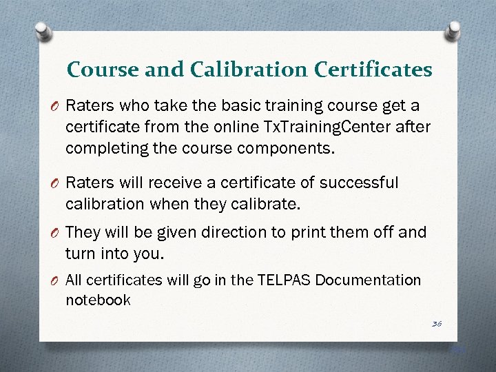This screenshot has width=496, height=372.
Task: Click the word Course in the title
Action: (x=98, y=70)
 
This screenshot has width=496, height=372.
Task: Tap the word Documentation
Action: (x=369, y=280)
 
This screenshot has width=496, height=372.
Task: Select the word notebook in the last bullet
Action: (x=98, y=300)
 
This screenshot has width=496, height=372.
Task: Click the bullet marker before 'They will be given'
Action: (x=56, y=232)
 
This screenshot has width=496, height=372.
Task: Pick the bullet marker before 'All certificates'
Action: (x=56, y=280)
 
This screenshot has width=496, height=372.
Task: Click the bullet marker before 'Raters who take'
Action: (x=56, y=107)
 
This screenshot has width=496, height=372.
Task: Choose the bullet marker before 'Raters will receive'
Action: (x=56, y=184)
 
